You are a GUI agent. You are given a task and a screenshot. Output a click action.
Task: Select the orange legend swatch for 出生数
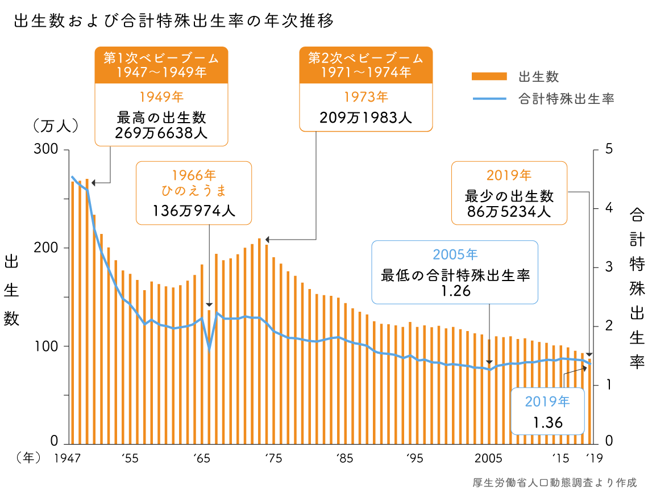(488, 77)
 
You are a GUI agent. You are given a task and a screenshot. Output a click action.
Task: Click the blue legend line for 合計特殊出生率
(488, 99)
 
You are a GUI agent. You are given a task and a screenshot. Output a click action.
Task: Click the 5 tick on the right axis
(609, 149)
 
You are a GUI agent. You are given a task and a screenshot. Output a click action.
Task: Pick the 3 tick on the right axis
(609, 266)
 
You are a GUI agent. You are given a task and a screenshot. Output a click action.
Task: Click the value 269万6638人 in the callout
(161, 133)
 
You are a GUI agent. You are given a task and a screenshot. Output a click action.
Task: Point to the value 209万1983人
(365, 118)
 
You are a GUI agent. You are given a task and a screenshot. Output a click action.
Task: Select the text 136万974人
(193, 211)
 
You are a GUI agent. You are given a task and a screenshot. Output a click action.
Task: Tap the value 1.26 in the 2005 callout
(455, 290)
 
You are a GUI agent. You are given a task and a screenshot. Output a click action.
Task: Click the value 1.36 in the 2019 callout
(547, 422)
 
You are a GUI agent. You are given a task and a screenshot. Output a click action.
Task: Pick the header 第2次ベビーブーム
(365, 58)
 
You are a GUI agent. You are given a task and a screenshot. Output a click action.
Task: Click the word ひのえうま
(193, 190)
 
